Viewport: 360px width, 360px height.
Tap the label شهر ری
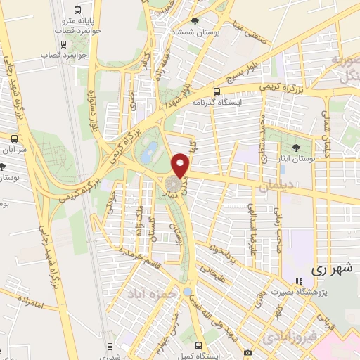329,269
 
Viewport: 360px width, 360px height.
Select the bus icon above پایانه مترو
77,10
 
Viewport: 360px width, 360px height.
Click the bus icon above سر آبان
12,137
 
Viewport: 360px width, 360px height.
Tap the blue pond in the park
150,150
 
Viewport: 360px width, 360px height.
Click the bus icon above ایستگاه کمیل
199,345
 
